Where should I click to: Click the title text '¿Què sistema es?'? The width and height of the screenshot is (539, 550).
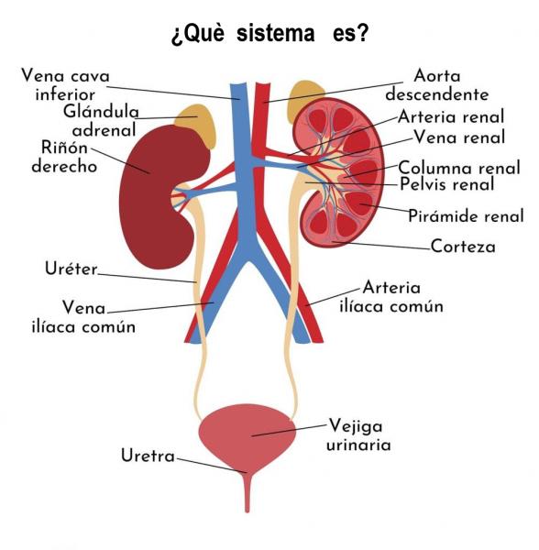tap(269, 34)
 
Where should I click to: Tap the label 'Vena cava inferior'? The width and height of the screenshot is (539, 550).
tap(66, 85)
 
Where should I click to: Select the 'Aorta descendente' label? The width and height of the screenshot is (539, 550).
tap(437, 85)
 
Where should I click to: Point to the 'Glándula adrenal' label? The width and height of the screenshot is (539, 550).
tap(102, 121)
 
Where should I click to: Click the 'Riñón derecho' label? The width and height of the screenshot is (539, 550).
tap(64, 157)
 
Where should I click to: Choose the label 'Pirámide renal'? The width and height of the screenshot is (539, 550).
tap(466, 215)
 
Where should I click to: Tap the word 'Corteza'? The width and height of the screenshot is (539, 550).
tap(463, 247)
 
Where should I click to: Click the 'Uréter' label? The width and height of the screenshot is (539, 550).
tap(71, 269)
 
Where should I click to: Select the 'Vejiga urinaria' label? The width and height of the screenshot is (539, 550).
tap(358, 435)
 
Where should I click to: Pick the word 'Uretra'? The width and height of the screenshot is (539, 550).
tap(148, 456)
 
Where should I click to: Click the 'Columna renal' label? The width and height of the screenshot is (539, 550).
tap(459, 168)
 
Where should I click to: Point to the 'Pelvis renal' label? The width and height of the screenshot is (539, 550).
tap(447, 184)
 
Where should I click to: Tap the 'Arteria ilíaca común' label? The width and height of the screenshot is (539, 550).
tap(391, 297)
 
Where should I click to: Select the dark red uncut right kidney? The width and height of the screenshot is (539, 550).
tap(158, 196)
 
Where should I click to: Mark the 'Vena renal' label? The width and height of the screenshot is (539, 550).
tap(459, 137)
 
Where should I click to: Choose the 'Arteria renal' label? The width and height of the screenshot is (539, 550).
tap(451, 116)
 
